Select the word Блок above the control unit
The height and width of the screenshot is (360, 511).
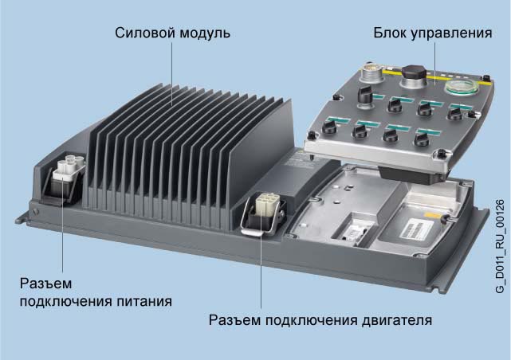click(390, 33)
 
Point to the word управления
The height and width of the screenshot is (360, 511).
click(451, 33)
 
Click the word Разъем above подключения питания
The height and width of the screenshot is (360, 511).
click(45, 284)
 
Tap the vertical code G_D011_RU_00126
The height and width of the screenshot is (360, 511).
click(500, 246)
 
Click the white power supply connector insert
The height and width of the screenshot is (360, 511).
click(69, 166)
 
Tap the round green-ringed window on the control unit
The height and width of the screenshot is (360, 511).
click(462, 87)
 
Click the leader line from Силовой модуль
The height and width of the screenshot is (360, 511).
click(172, 74)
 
